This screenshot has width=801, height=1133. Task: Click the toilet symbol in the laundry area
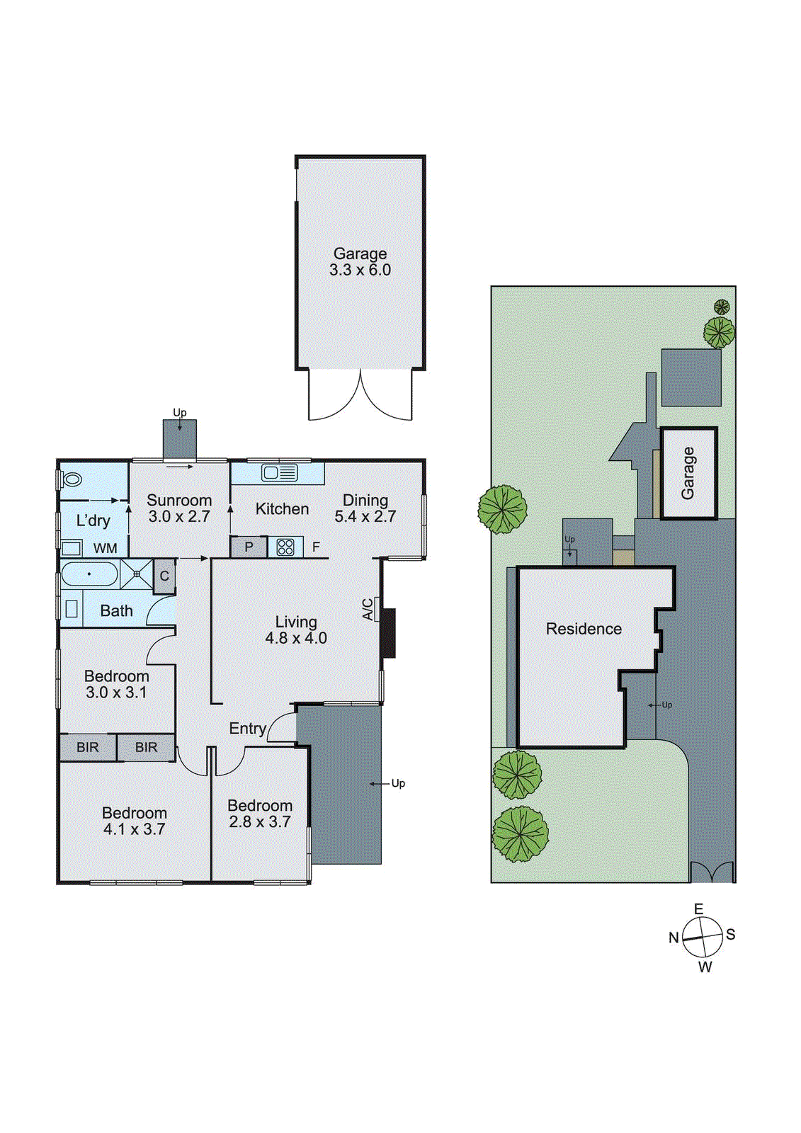pyautogui.click(x=72, y=479)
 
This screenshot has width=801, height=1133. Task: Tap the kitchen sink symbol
pyautogui.click(x=280, y=472)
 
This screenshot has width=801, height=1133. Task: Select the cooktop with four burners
pyautogui.click(x=285, y=547)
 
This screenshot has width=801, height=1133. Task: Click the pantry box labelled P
pyautogui.click(x=249, y=547)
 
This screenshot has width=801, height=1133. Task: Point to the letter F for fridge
pyautogui.click(x=316, y=547)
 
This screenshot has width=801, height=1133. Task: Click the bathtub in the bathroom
pyautogui.click(x=89, y=574)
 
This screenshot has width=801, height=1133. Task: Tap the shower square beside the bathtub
pyautogui.click(x=137, y=574)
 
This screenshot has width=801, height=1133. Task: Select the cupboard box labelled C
pyautogui.click(x=164, y=576)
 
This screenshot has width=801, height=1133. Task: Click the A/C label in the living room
pyautogui.click(x=368, y=610)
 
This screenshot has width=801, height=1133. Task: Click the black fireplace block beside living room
pyautogui.click(x=387, y=632)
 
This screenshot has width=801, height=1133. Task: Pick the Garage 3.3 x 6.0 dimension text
pyautogui.click(x=360, y=270)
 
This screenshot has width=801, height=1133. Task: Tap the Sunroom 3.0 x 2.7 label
pyautogui.click(x=179, y=508)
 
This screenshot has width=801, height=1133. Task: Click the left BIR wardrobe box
pyautogui.click(x=88, y=747)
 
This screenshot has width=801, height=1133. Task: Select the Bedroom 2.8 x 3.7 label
pyautogui.click(x=260, y=814)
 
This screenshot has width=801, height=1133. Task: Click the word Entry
pyautogui.click(x=247, y=728)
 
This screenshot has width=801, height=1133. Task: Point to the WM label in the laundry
pyautogui.click(x=105, y=548)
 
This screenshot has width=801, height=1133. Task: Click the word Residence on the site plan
pyautogui.click(x=584, y=629)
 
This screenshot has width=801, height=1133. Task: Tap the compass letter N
pyautogui.click(x=674, y=938)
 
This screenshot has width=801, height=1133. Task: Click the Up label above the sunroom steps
pyautogui.click(x=180, y=412)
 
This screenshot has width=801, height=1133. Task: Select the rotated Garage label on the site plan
pyautogui.click(x=688, y=473)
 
